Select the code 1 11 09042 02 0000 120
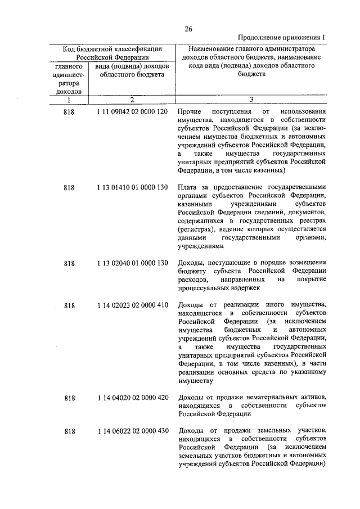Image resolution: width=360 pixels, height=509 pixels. (x=132, y=112)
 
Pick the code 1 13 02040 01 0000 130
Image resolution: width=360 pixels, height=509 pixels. (x=132, y=263)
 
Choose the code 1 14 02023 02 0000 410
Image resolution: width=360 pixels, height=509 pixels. (x=132, y=305)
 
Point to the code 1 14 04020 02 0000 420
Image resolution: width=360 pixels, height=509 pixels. (x=132, y=398)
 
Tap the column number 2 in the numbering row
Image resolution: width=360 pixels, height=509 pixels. (x=132, y=100)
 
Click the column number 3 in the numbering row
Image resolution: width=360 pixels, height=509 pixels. (x=251, y=100)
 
